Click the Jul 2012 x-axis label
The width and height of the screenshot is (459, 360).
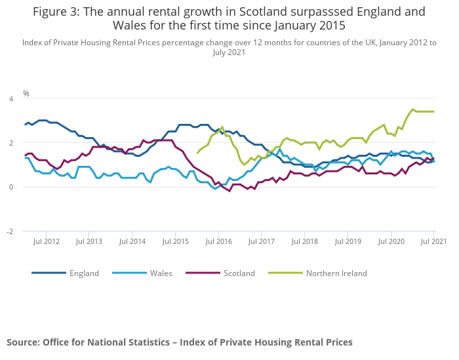tap(47, 242)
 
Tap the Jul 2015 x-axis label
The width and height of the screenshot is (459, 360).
tap(175, 242)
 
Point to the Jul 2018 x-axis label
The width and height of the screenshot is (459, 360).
tap(304, 242)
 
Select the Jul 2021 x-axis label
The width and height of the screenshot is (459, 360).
tap(433, 242)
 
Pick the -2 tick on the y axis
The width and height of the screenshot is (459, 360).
tap(10, 231)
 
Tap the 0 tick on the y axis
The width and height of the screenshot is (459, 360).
tap(11, 187)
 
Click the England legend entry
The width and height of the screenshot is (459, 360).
tap(84, 273)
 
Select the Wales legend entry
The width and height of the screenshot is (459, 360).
tap(161, 273)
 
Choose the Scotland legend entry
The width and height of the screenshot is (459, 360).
tap(239, 273)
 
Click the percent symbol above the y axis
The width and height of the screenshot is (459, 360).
tap(26, 94)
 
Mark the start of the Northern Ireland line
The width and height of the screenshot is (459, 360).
tap(197, 153)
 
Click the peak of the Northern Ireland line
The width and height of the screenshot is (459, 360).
tap(412, 110)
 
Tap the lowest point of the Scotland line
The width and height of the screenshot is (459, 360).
tap(229, 191)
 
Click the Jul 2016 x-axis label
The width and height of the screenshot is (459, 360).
tap(218, 242)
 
